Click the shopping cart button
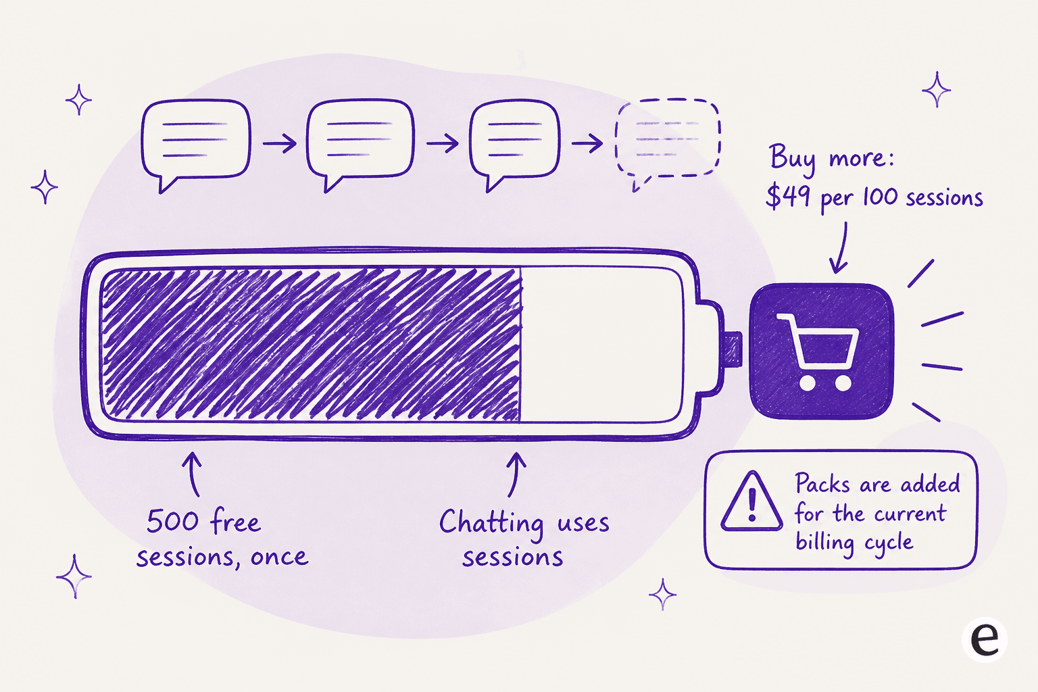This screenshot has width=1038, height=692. [821, 351]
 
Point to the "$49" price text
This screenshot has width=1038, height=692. [788, 195]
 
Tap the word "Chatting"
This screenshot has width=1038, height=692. [492, 524]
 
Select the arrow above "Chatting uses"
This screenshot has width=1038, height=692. [515, 474]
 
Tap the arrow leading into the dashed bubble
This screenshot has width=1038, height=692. [587, 143]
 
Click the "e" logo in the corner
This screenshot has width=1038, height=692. [984, 639]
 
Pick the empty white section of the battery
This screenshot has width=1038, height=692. [601, 345]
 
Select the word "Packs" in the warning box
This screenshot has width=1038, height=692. [823, 483]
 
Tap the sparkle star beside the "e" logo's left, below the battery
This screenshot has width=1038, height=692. [662, 594]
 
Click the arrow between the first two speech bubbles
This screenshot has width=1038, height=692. [280, 143]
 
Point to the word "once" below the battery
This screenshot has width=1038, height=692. [279, 557]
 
